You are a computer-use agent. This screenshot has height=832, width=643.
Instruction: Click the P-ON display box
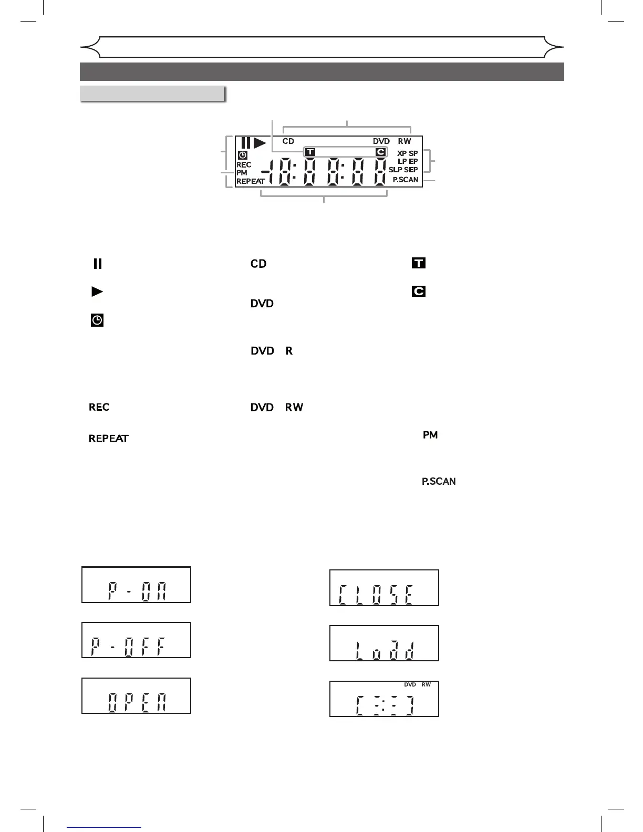click(136, 585)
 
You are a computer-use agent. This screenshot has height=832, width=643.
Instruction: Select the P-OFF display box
click(136, 640)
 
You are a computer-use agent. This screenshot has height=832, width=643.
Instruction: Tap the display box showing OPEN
click(136, 696)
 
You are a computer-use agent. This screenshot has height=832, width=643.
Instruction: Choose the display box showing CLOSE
click(384, 588)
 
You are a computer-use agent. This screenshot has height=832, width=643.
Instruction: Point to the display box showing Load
click(384, 643)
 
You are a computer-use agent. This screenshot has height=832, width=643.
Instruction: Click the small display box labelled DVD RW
click(384, 699)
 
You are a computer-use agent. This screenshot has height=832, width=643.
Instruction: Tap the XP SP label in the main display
click(408, 153)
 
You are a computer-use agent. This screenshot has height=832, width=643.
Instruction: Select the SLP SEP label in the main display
click(403, 170)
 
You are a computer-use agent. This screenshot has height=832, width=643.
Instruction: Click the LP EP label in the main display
click(408, 161)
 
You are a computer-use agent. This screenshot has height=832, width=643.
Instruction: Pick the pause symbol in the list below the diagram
click(97, 264)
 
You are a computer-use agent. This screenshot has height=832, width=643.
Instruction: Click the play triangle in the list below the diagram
click(97, 292)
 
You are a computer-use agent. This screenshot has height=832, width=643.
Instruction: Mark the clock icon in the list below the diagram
click(97, 320)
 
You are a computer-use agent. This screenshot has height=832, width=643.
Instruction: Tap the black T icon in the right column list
click(419, 263)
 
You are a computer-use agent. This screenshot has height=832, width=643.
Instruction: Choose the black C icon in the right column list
click(419, 291)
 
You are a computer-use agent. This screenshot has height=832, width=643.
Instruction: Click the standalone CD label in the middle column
click(258, 264)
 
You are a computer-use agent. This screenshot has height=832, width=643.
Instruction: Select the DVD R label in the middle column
click(272, 350)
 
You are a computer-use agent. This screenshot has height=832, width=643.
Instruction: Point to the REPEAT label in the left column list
click(109, 439)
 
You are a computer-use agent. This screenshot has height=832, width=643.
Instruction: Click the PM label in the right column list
click(430, 435)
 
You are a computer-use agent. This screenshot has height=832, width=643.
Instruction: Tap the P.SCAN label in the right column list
click(439, 481)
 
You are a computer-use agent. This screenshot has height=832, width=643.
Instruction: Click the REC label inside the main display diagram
click(244, 164)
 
